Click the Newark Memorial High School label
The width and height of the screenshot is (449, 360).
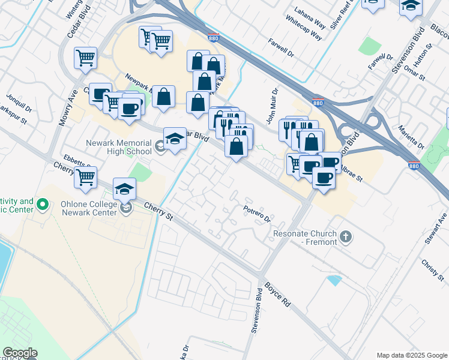(x=119, y=147)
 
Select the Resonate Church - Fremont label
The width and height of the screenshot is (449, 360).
(x=306, y=237)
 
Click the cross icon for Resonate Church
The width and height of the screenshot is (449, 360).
(x=345, y=237)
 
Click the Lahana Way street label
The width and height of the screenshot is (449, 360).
(x=310, y=10)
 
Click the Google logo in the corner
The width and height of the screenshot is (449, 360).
(x=19, y=353)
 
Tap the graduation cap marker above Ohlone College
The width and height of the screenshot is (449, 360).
(x=124, y=188)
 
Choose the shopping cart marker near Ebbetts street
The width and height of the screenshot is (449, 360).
(x=86, y=176)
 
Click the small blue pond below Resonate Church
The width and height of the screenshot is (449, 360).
(x=334, y=280)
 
